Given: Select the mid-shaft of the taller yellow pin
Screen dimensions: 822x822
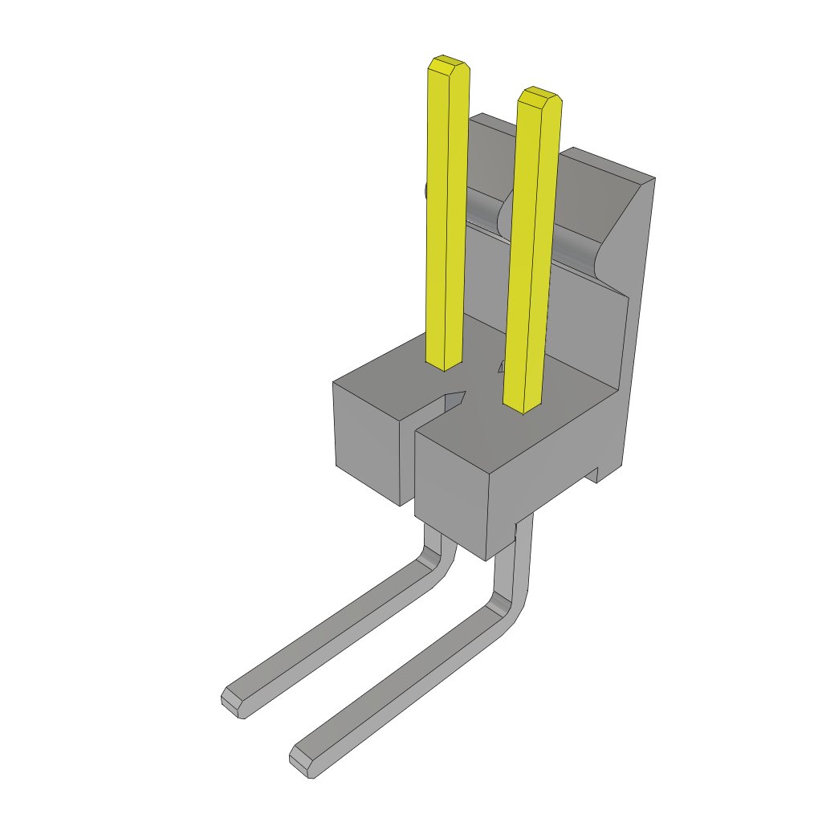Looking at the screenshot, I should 447,217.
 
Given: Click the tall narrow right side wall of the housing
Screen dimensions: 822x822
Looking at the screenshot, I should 638,337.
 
